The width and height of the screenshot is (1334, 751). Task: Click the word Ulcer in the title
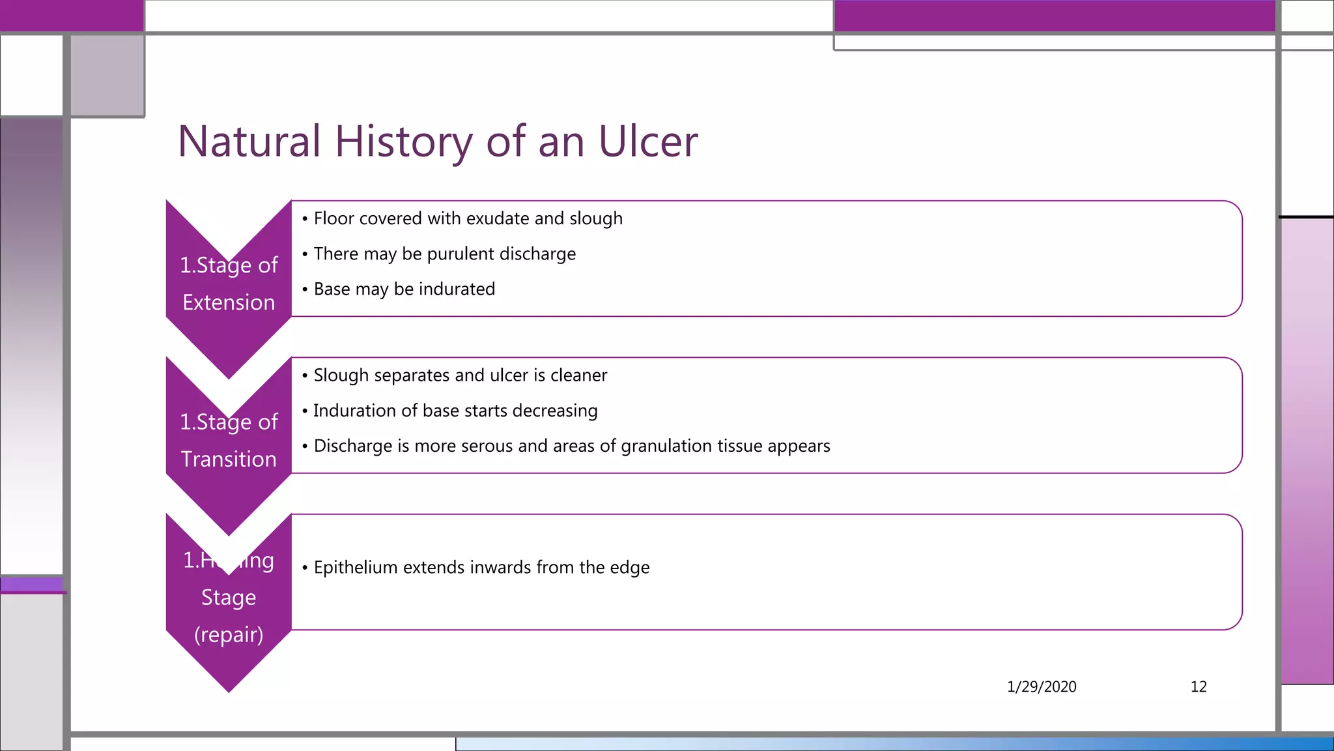click(647, 141)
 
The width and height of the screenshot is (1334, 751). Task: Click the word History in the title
click(404, 141)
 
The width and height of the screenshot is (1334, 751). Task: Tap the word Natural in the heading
click(249, 141)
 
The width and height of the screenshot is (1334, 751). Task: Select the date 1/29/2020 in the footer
click(1041, 686)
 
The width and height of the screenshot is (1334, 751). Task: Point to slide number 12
click(1198, 686)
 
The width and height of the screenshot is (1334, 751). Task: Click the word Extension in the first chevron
click(229, 302)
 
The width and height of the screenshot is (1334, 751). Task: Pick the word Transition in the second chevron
click(229, 459)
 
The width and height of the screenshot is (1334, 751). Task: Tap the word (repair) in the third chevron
click(229, 634)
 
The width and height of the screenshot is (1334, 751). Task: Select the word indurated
click(457, 289)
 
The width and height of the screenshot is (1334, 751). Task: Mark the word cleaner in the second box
click(578, 375)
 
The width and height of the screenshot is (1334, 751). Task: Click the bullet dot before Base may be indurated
click(305, 289)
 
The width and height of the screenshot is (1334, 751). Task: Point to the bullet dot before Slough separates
click(305, 375)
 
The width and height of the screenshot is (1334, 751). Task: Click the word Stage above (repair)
click(229, 597)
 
